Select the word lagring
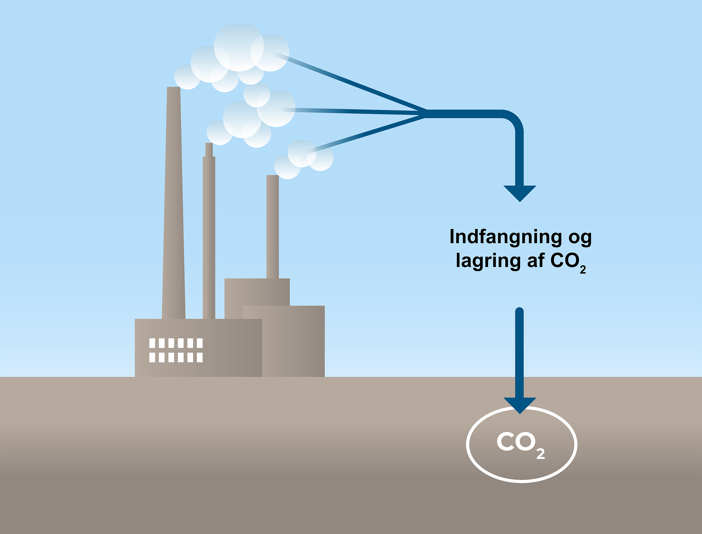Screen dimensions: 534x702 tap(488, 261)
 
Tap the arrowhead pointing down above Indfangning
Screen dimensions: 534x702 tap(520, 192)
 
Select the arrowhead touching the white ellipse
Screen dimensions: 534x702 tap(520, 404)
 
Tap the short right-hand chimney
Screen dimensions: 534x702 tap(272, 226)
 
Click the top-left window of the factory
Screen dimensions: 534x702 tap(152, 343)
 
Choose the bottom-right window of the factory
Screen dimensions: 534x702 tap(200, 357)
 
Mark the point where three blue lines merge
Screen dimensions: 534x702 tap(425, 114)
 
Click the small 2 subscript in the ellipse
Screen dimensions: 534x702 tap(540, 454)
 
